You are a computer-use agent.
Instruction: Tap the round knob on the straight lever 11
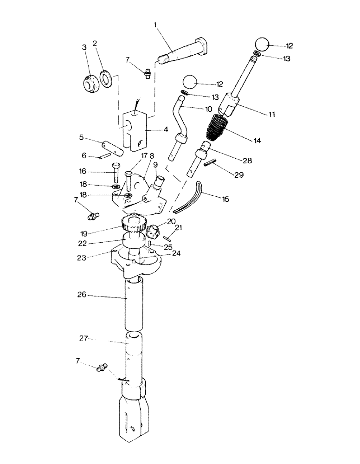point(263,45)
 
